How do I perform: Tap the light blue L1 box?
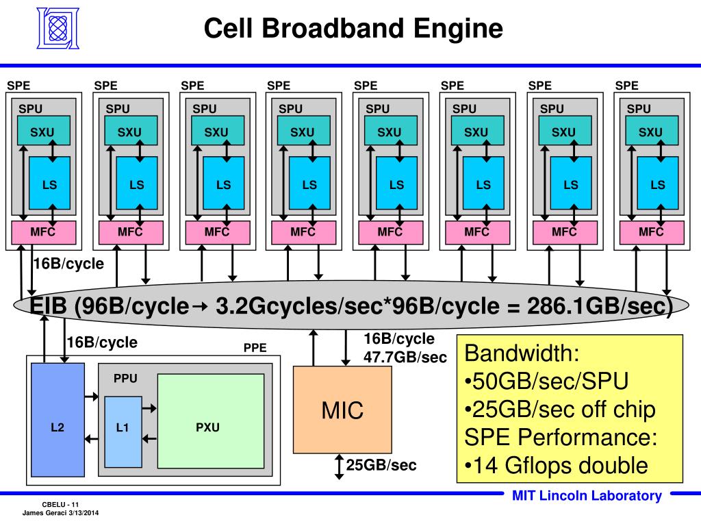[x=123, y=428]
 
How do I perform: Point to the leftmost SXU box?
[x=41, y=132]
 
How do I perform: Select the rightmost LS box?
[x=657, y=184]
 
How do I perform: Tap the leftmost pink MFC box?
[x=42, y=233]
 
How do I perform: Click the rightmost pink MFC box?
[x=651, y=233]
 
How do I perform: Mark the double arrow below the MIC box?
[x=338, y=466]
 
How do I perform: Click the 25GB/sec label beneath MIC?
[x=381, y=466]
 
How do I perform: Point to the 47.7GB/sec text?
[x=405, y=357]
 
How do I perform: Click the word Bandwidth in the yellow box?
[x=522, y=354]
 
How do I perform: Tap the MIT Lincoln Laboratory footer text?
[x=587, y=497]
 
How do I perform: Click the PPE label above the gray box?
[x=255, y=348]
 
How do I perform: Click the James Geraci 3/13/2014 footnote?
[x=61, y=513]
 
